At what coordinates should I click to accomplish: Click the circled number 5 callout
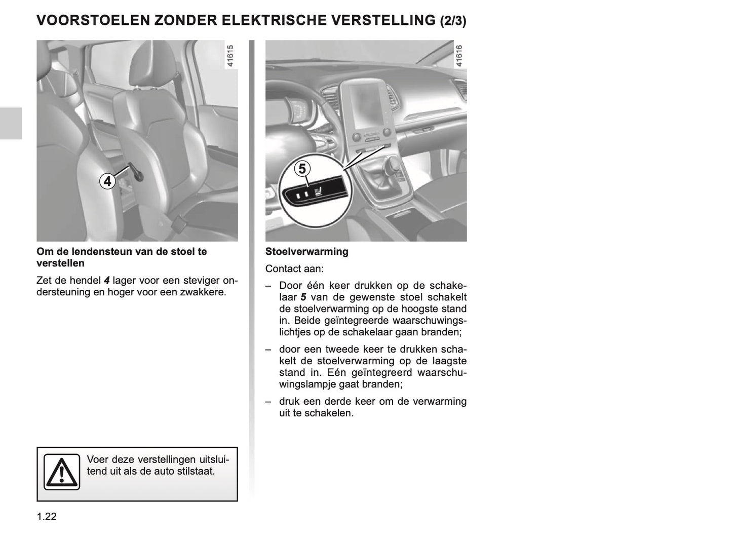coord(302,168)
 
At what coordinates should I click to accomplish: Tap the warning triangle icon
coord(61,472)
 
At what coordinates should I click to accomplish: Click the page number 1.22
coord(47,517)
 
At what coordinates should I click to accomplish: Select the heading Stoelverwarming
coord(306,251)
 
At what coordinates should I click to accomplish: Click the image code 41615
coord(230,57)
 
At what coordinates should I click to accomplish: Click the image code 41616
coord(459,57)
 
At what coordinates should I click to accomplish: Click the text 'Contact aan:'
coord(294,269)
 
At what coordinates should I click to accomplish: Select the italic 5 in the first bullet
coord(303,297)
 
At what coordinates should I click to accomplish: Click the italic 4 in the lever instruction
coord(106,280)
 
